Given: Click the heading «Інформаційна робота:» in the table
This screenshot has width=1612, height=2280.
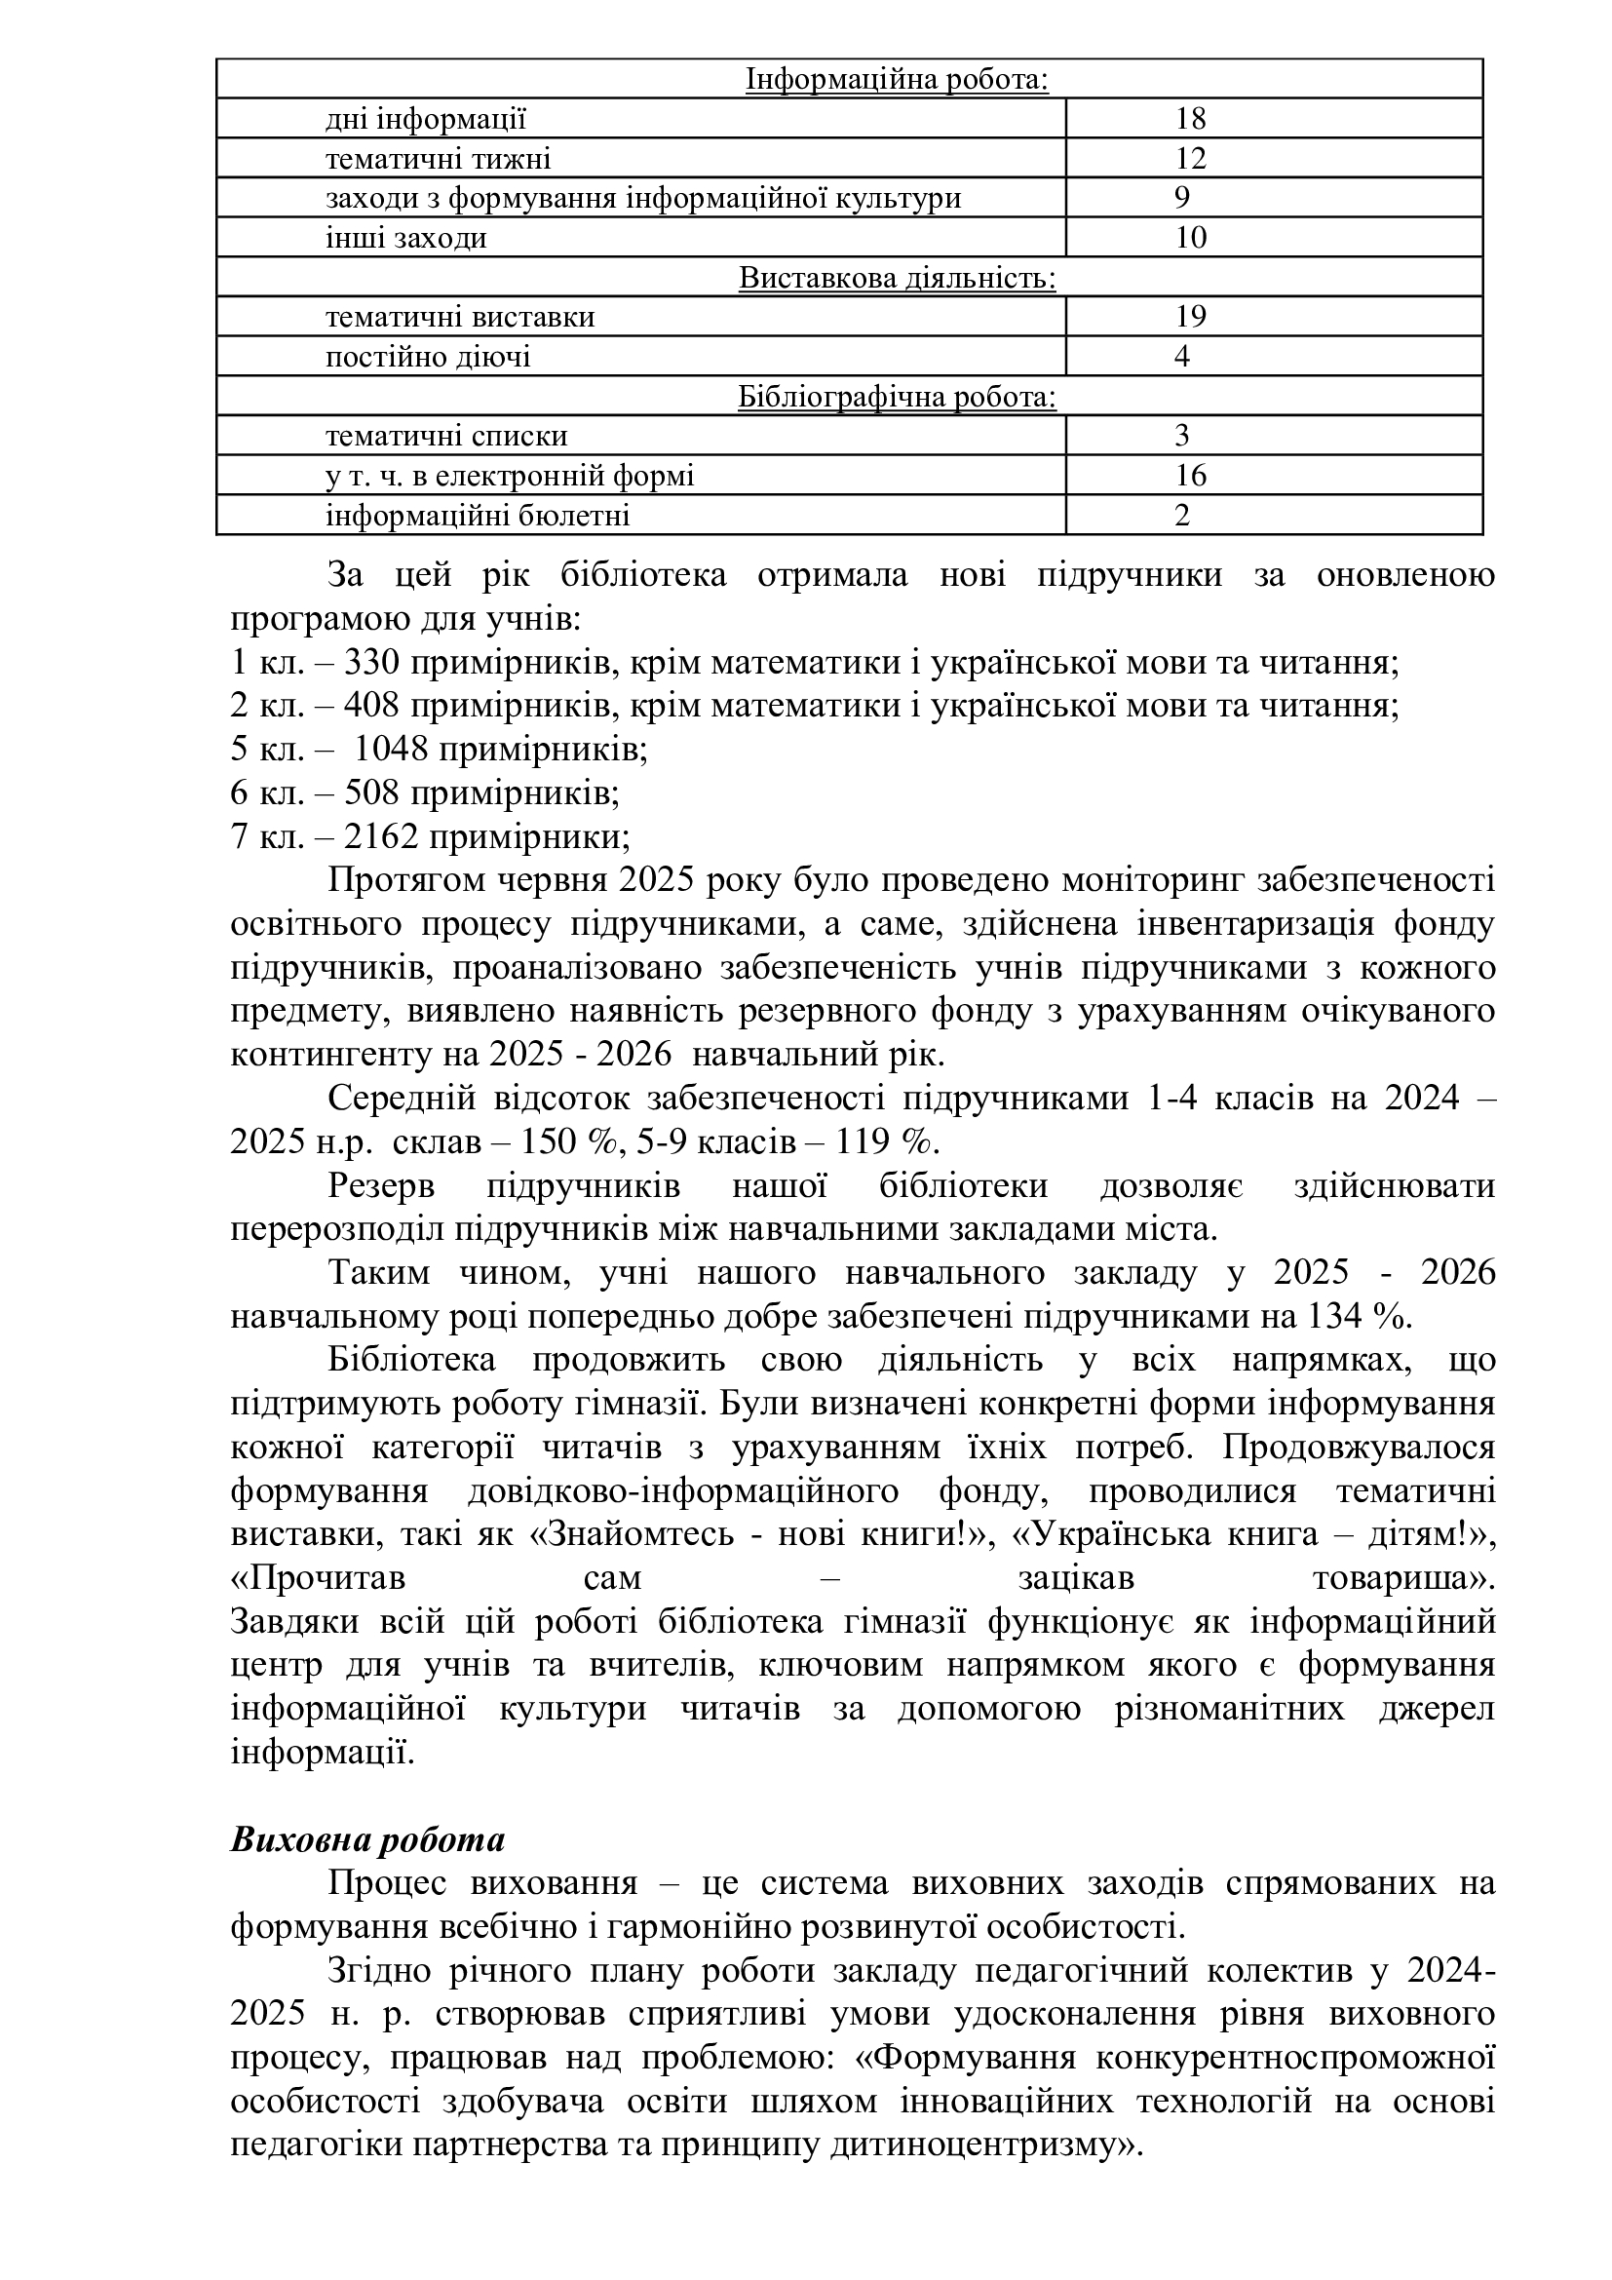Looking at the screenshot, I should tap(897, 79).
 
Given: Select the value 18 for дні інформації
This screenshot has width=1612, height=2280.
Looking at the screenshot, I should tap(1190, 119).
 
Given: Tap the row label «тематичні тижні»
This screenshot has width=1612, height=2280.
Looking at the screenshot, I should tap(438, 159).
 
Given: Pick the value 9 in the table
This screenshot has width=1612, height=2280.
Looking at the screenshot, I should tap(1181, 198).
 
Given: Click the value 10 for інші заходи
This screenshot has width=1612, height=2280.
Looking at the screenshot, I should tap(1190, 237).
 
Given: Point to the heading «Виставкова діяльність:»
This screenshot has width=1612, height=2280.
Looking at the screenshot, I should tap(897, 278).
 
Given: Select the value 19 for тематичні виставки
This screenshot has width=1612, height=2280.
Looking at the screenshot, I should tap(1190, 317).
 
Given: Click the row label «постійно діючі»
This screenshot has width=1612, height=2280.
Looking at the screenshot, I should tap(428, 357).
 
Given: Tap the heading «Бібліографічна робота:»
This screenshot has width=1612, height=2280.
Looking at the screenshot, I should tap(897, 397).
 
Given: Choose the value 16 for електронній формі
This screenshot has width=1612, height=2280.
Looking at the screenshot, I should tap(1190, 476).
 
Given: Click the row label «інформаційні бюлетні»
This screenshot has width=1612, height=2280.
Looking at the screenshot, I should tap(478, 516).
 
